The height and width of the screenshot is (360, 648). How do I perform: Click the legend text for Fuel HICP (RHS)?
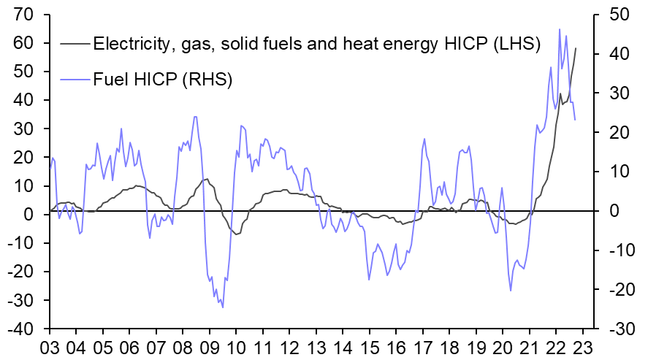tap(161, 79)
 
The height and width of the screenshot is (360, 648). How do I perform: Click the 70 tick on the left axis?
tap(28, 15)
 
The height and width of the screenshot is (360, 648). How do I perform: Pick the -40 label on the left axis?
tap(26, 329)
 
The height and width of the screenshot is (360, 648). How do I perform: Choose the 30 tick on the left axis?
tap(28, 129)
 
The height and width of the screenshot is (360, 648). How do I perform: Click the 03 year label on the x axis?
tap(50, 345)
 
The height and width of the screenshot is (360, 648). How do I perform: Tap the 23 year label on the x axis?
tap(584, 345)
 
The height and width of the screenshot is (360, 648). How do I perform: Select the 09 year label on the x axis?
tap(210, 345)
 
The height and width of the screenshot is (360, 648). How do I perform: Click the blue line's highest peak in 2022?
tap(559, 29)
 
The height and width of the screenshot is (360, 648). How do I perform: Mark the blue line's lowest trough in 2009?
tap(222, 307)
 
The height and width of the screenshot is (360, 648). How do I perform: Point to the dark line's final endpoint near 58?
tap(575, 48)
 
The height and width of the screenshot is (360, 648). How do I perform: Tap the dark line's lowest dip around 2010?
tap(237, 234)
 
